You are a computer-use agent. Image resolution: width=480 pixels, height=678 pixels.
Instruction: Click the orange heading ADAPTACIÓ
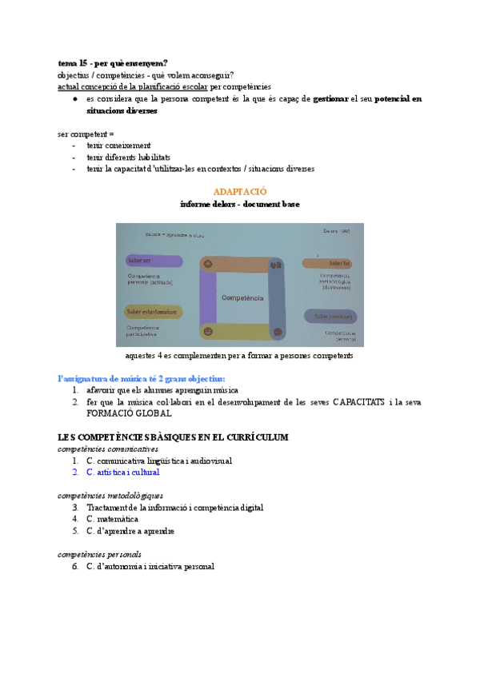click(240, 192)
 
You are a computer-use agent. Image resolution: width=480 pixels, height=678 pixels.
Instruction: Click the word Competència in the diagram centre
click(242, 297)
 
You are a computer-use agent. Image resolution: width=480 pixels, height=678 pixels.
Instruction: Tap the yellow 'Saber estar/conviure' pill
click(153, 312)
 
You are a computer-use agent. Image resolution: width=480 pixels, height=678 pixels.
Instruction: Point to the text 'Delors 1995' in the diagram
click(337, 231)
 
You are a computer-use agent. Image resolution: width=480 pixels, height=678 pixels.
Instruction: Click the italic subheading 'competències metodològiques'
click(110, 496)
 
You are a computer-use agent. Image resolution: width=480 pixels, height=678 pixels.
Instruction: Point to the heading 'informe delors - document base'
click(240, 205)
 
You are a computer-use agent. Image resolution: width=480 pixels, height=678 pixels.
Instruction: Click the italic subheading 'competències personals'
click(99, 554)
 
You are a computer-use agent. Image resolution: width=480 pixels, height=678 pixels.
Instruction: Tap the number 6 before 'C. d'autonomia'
click(74, 567)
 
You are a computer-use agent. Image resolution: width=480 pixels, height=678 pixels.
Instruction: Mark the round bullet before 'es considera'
click(74, 99)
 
